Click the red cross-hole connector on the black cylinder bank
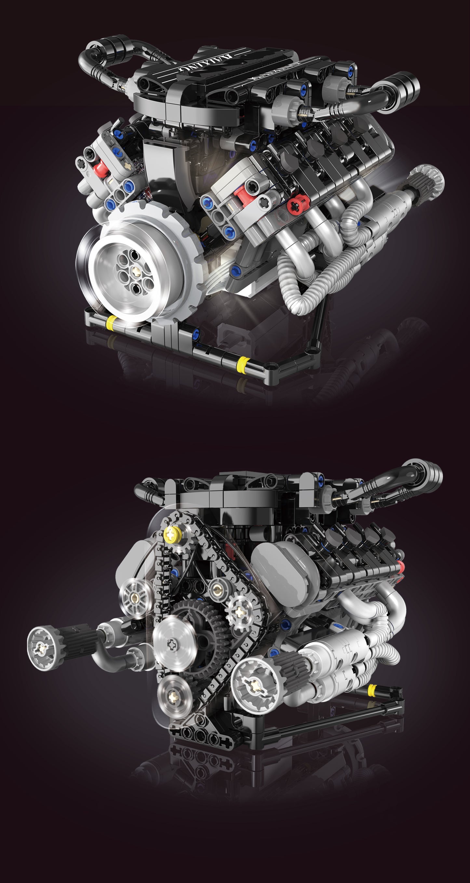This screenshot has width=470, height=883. coord(297,205)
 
